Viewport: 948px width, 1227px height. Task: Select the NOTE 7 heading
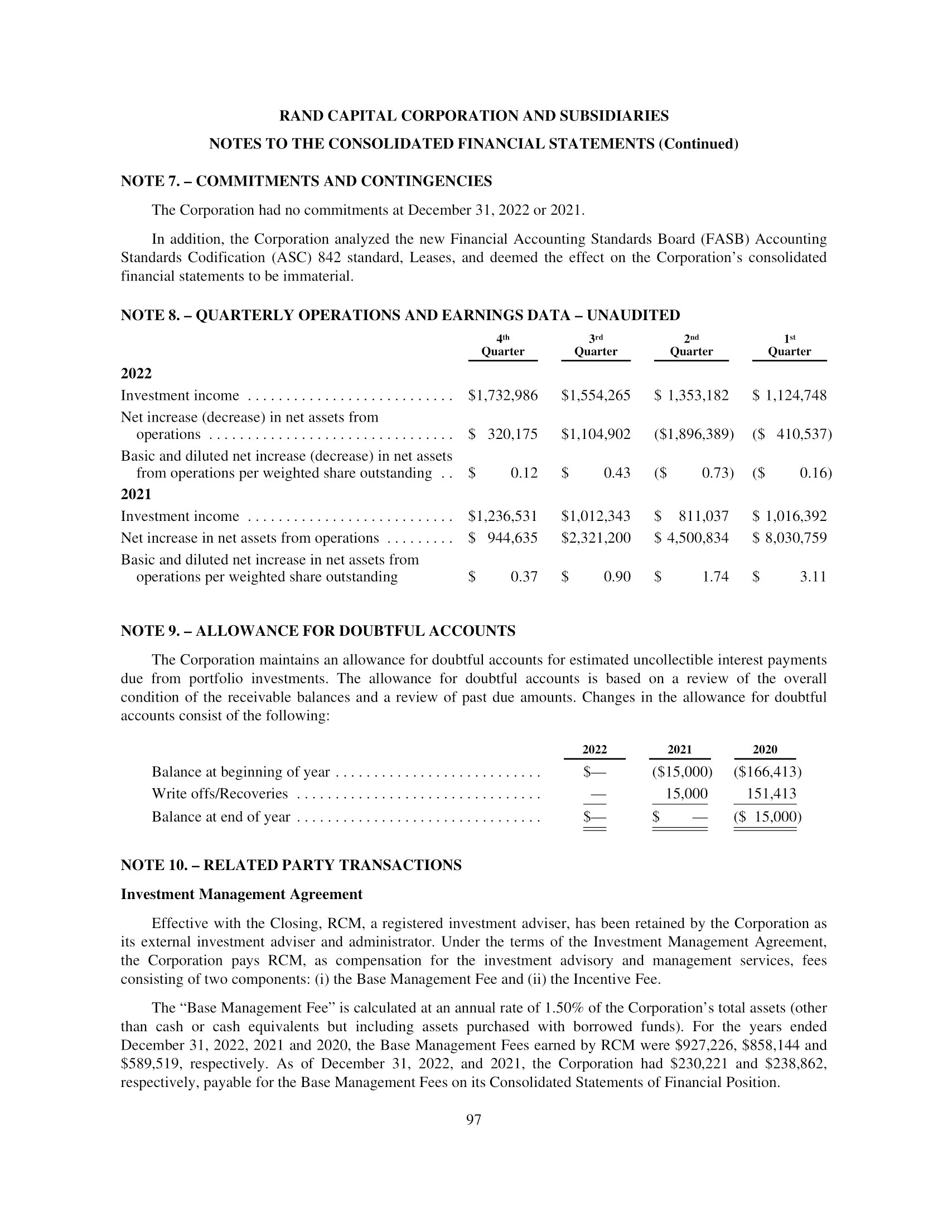point(306,181)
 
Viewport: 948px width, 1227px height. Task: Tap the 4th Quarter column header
point(502,346)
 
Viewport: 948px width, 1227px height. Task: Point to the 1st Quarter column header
point(789,346)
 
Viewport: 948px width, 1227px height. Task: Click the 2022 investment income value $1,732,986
point(502,395)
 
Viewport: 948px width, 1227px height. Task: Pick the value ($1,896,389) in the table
point(694,434)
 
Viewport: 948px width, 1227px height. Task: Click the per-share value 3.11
point(812,577)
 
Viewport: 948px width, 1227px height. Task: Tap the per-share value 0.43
point(617,473)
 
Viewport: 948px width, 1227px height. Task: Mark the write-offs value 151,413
point(771,794)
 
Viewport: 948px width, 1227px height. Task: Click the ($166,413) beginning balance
point(767,772)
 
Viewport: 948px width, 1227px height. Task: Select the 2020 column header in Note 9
point(765,750)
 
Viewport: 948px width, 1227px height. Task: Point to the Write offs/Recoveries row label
point(220,794)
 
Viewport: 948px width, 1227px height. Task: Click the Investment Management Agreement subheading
point(241,895)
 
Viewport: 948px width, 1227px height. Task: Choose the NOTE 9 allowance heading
point(318,631)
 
